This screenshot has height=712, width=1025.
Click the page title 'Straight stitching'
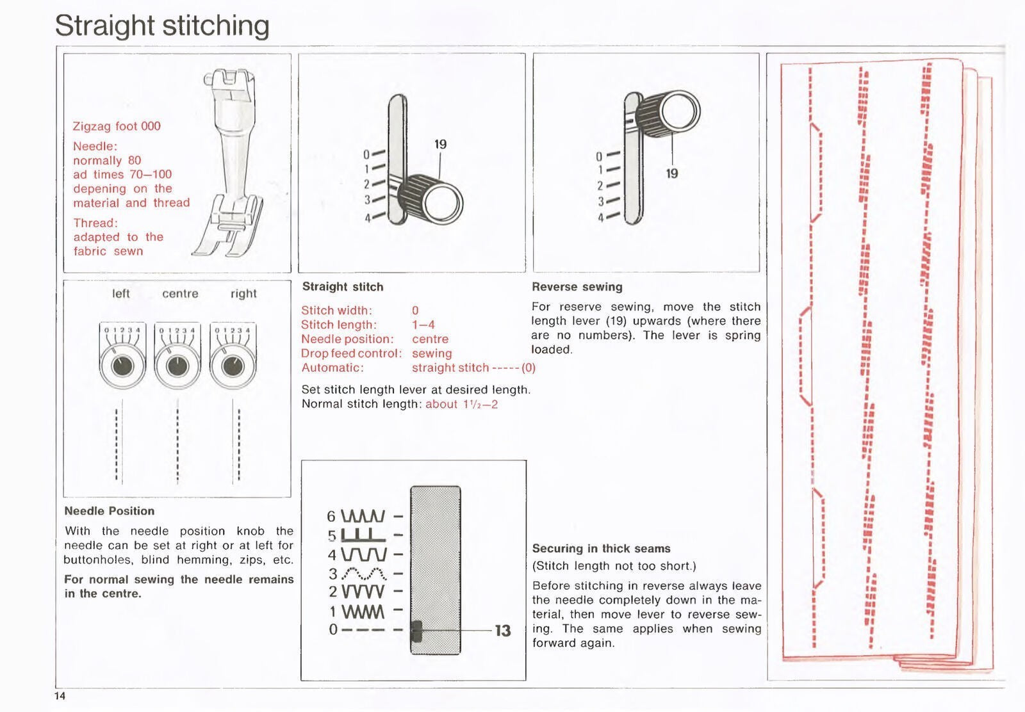click(162, 26)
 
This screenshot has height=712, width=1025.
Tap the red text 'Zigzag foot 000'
click(117, 126)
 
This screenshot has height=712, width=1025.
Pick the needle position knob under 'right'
click(232, 366)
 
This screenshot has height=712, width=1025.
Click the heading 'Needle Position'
click(110, 511)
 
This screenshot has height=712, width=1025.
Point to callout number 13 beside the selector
click(503, 631)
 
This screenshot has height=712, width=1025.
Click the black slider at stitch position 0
click(416, 631)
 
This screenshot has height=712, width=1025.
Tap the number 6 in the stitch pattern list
click(331, 516)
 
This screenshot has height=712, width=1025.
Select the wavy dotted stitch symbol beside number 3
click(364, 574)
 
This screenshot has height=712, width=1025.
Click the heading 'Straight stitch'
click(343, 287)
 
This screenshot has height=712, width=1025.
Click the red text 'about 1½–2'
click(461, 404)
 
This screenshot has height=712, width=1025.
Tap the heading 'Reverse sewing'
click(577, 287)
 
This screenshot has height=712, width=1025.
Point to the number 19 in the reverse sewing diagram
click(671, 174)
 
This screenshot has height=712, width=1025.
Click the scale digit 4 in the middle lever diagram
click(367, 218)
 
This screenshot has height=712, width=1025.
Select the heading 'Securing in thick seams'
click(601, 549)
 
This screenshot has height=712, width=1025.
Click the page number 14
click(60, 697)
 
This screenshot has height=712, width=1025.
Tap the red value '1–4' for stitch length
click(423, 325)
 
